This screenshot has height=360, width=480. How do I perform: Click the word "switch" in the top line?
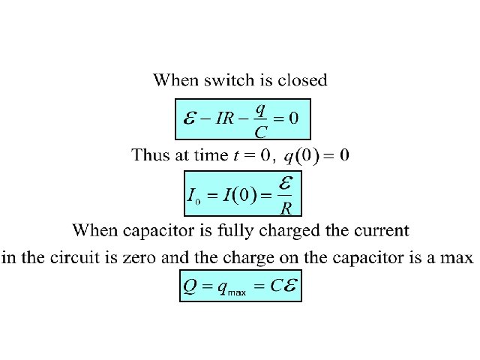pyautogui.click(x=228, y=79)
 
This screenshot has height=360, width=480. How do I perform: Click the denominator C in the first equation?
pyautogui.click(x=260, y=132)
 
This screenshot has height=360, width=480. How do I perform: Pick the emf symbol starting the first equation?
pyautogui.click(x=190, y=118)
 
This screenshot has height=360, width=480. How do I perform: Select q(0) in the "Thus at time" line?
pyautogui.click(x=302, y=156)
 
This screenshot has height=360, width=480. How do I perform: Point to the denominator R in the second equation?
pyautogui.click(x=286, y=209)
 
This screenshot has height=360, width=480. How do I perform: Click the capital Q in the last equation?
pyautogui.click(x=190, y=286)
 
